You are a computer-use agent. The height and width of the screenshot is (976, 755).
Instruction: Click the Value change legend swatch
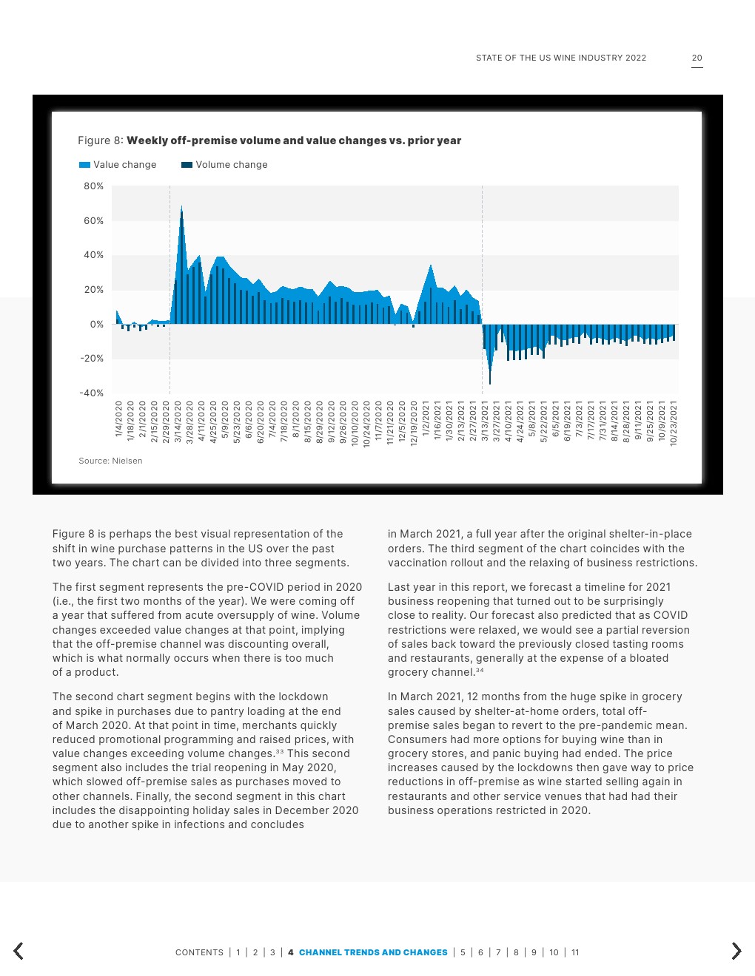point(84,165)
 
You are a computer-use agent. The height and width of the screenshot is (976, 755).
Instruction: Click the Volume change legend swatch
point(187,165)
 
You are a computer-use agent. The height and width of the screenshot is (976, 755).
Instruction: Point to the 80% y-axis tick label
point(93,186)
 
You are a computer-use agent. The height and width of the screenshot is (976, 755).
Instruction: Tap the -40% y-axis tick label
point(92,393)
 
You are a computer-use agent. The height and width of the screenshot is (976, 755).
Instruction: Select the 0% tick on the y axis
point(97,325)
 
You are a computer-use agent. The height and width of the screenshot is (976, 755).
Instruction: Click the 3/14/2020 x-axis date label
point(178,422)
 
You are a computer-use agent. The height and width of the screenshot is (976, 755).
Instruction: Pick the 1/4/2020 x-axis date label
point(118,419)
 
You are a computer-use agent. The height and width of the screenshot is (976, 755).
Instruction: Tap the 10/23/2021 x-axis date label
point(674,424)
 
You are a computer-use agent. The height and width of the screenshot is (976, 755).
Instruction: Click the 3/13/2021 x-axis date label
point(485,422)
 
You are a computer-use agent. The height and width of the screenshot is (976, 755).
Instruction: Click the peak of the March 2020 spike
point(181,206)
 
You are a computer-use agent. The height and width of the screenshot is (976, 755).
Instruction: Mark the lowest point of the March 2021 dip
point(490,383)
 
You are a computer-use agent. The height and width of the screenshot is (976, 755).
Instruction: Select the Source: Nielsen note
point(110,461)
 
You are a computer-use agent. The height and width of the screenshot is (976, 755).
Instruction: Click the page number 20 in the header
point(697,58)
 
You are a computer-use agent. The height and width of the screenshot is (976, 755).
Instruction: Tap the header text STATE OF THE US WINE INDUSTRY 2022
point(561,58)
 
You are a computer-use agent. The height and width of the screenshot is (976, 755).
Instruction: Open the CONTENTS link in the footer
point(199,952)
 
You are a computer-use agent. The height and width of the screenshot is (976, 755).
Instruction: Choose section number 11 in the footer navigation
point(575,952)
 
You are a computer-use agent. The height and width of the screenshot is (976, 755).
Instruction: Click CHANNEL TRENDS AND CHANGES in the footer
point(373,952)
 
